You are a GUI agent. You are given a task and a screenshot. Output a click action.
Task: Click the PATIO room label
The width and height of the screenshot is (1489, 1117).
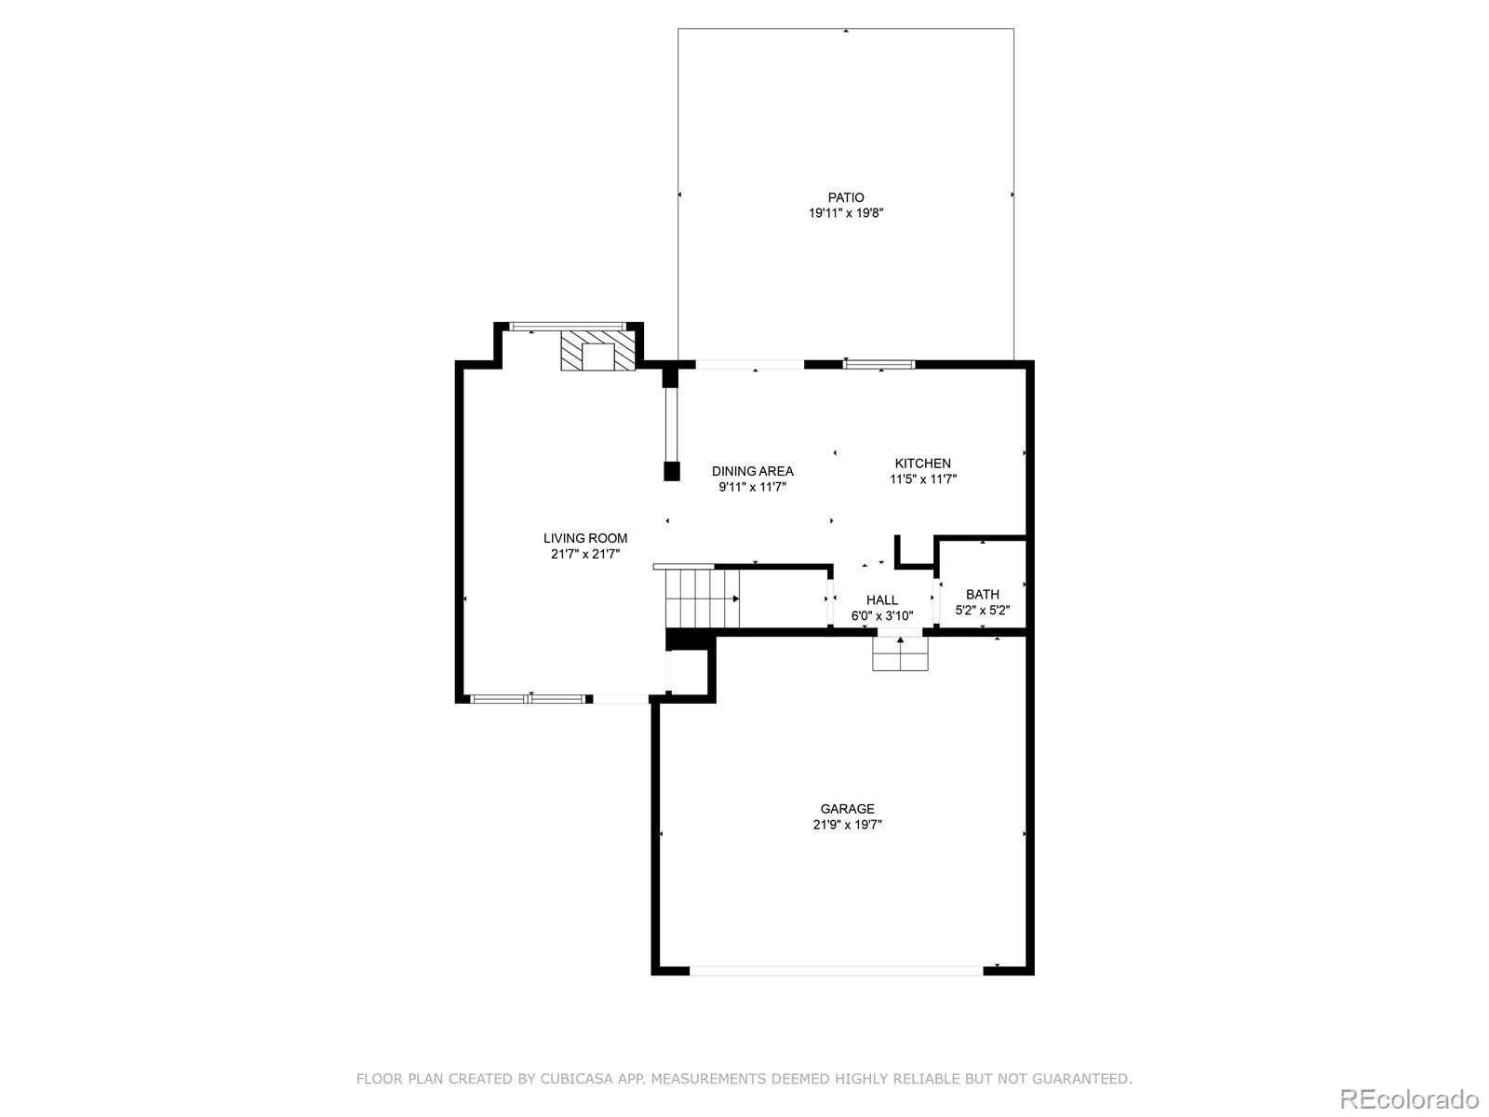click(845, 197)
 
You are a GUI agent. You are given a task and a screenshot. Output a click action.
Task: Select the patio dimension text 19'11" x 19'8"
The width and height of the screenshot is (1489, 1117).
click(845, 213)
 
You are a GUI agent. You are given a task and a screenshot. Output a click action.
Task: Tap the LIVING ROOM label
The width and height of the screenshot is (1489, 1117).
click(584, 538)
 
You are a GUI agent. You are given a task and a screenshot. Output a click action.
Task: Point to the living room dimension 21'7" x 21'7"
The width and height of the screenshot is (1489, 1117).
click(584, 554)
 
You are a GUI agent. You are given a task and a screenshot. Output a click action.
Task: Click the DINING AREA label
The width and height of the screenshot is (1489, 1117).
click(752, 471)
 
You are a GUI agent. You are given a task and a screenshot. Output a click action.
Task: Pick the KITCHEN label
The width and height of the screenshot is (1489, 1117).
click(922, 464)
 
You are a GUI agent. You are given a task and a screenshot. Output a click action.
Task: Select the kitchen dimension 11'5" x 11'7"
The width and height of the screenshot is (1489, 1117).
click(922, 479)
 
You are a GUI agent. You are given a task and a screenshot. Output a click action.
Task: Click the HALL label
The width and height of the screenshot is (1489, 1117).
click(882, 599)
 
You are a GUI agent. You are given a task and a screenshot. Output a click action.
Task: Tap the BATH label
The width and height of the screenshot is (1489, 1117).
click(982, 594)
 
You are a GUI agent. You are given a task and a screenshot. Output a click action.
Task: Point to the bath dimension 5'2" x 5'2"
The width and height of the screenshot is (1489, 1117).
click(982, 611)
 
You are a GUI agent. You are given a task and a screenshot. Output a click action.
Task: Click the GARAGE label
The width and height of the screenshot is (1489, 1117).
click(847, 808)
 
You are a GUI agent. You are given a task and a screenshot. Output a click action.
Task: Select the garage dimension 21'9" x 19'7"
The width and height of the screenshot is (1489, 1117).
click(847, 825)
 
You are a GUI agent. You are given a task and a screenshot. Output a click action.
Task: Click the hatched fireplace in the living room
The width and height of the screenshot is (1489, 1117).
click(597, 350)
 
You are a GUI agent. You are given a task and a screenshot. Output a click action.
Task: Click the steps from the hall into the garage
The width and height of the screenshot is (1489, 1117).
click(900, 653)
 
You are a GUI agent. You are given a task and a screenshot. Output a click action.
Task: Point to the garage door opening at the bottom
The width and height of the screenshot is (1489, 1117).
click(837, 971)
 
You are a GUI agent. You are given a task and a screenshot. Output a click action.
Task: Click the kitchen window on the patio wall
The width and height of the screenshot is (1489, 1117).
click(879, 365)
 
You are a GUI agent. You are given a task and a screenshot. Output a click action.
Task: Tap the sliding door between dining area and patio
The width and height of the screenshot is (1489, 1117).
click(749, 365)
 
